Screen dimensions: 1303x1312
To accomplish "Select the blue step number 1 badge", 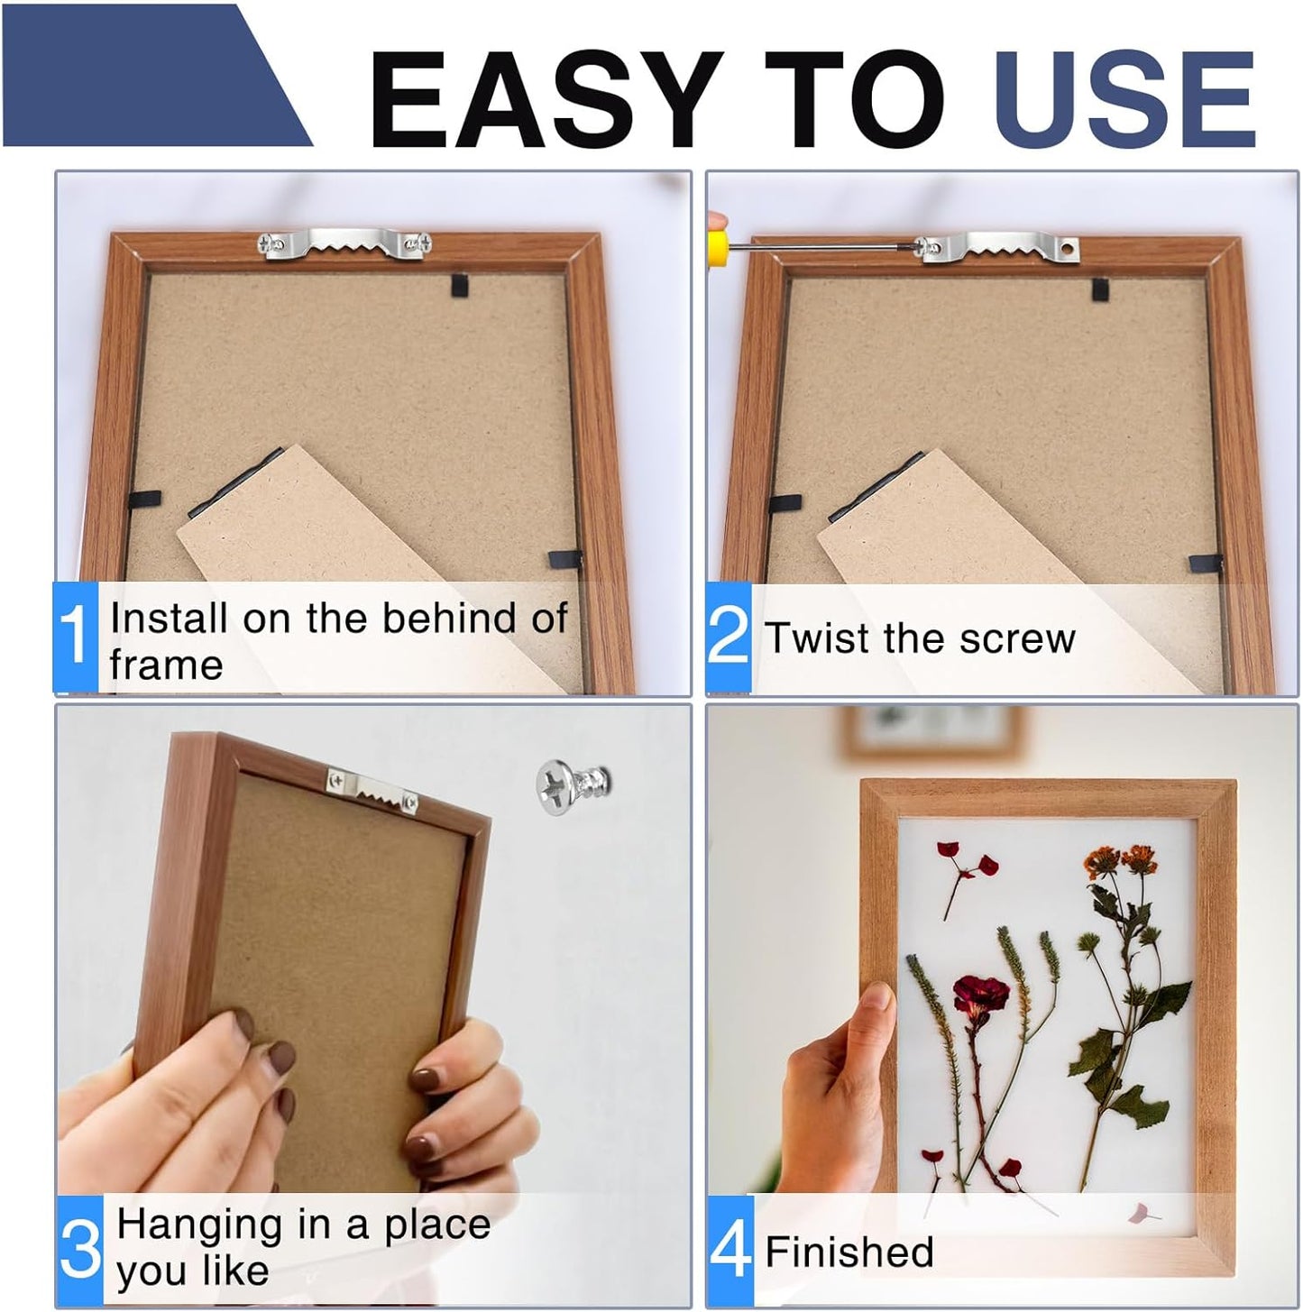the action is pyautogui.click(x=75, y=638).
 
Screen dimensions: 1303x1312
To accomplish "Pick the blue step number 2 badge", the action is pyautogui.click(x=728, y=638).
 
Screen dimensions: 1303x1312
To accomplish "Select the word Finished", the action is pyautogui.click(x=849, y=1252).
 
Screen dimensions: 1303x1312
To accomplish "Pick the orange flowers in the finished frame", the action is pyautogui.click(x=1115, y=860).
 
